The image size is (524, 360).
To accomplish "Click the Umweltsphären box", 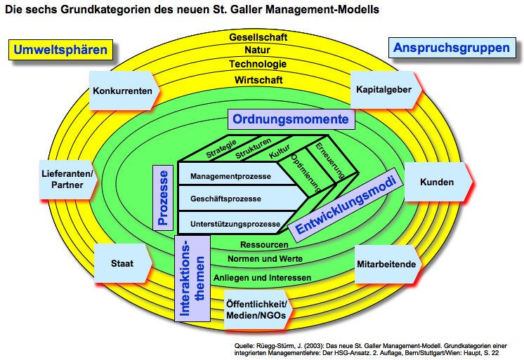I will (62, 50).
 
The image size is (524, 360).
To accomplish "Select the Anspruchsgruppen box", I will (451, 48).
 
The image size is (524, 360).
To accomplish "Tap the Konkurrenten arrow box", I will (122, 91).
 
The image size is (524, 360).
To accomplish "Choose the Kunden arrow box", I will (438, 182).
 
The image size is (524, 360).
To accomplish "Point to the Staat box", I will (122, 265).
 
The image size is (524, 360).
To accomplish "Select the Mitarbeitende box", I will (388, 265).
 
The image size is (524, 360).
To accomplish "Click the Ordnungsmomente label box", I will (291, 120).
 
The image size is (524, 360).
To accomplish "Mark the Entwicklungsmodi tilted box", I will (346, 205).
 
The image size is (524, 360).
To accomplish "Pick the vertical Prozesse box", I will (162, 199).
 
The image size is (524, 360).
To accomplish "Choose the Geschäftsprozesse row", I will (226, 199).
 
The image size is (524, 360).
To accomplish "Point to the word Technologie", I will (256, 65).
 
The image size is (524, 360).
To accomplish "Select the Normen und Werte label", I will (265, 260).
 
